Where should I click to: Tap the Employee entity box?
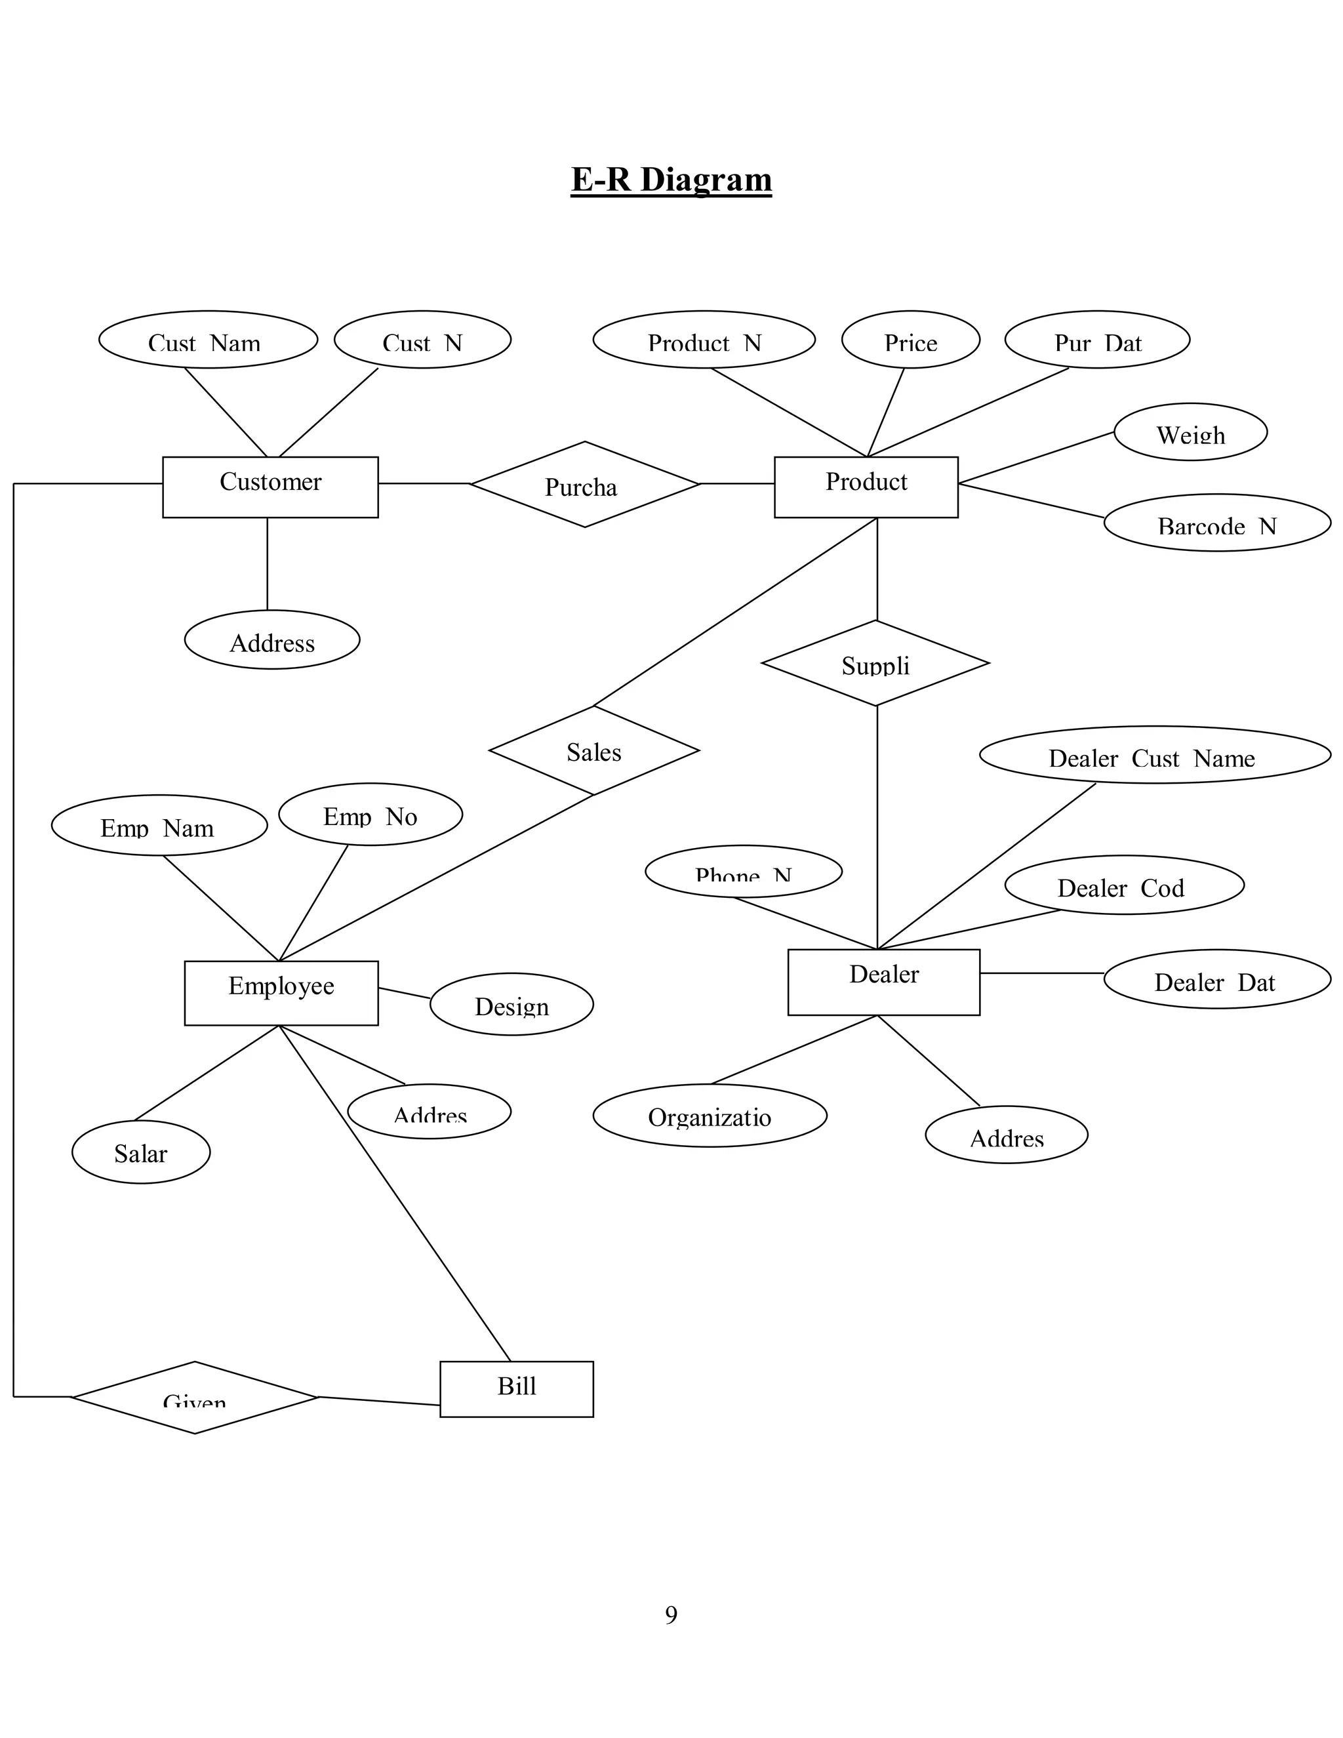281,992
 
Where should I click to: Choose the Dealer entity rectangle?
883,981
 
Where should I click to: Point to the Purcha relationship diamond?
584,484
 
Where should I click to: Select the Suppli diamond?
875,663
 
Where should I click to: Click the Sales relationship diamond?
593,750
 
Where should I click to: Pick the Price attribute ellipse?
910,340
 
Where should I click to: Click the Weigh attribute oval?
1190,432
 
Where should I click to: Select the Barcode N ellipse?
1216,522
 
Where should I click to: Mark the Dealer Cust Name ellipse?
1154,754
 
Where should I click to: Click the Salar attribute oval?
141,1152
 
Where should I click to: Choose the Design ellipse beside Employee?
511,1003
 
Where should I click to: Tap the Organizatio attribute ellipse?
710,1115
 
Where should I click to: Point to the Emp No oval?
370,814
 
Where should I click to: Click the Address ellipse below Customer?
272,640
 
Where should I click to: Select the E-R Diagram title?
671,179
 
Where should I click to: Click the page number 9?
671,1615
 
